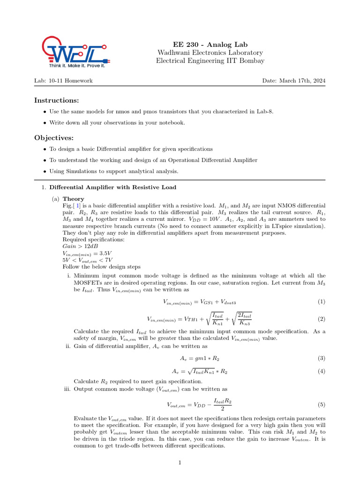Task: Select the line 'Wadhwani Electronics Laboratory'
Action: pos(210,52)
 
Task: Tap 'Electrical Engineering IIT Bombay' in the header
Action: pos(210,60)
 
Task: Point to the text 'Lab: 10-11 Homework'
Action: pos(63,81)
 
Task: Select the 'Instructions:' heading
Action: pos(56,101)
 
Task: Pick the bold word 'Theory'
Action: pos(73,199)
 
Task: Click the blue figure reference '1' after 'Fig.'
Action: pos(78,206)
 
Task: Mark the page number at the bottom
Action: pos(180,463)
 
